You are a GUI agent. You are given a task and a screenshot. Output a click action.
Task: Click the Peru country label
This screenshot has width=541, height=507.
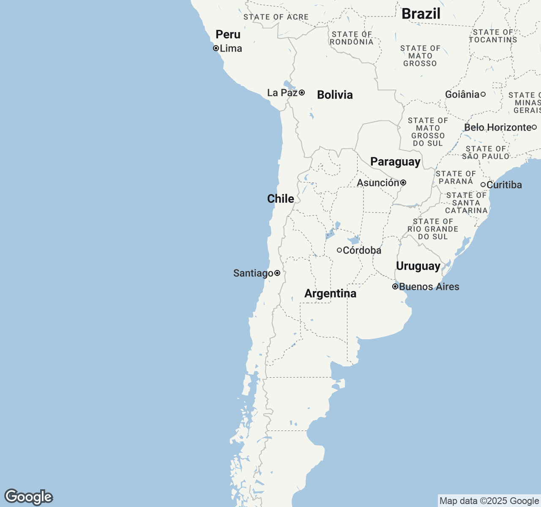pyautogui.click(x=228, y=35)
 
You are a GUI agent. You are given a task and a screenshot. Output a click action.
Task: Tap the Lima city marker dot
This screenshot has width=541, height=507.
pyautogui.click(x=216, y=48)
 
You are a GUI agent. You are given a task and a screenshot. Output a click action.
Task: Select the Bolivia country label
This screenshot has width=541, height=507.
pyautogui.click(x=335, y=95)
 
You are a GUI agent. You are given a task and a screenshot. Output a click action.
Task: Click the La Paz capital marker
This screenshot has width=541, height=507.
pyautogui.click(x=302, y=93)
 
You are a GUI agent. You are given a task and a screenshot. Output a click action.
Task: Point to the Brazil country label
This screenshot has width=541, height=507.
pyautogui.click(x=421, y=14)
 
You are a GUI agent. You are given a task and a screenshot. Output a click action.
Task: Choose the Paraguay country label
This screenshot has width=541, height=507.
pyautogui.click(x=395, y=162)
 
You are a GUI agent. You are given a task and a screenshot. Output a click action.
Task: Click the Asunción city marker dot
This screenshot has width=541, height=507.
pyautogui.click(x=404, y=183)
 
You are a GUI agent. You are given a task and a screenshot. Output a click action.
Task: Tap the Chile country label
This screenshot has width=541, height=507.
pyautogui.click(x=281, y=199)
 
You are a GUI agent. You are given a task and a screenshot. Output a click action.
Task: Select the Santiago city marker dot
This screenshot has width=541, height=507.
pyautogui.click(x=277, y=273)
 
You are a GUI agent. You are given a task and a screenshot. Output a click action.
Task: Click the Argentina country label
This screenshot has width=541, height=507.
pyautogui.click(x=330, y=293)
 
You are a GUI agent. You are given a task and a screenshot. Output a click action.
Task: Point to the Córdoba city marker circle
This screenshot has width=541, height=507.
pyautogui.click(x=339, y=250)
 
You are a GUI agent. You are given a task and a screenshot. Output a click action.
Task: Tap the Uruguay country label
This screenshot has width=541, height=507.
pyautogui.click(x=418, y=266)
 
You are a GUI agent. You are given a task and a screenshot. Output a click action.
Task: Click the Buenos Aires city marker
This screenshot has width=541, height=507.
pyautogui.click(x=395, y=286)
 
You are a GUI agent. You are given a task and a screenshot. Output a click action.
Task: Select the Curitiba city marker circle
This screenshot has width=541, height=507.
pyautogui.click(x=483, y=185)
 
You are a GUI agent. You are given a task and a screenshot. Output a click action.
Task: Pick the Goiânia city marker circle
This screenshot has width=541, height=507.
pyautogui.click(x=483, y=94)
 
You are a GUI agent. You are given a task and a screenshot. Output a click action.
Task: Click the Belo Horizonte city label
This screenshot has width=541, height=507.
pyautogui.click(x=498, y=127)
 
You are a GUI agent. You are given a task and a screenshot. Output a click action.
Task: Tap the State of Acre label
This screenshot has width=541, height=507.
pyautogui.click(x=276, y=17)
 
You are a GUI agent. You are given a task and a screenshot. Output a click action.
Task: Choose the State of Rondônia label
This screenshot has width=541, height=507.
pyautogui.click(x=352, y=38)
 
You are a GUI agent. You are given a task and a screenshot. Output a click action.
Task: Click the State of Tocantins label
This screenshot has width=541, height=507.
pyautogui.click(x=493, y=36)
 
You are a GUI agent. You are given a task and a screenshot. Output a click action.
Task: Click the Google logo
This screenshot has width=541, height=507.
pyautogui.click(x=29, y=497)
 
